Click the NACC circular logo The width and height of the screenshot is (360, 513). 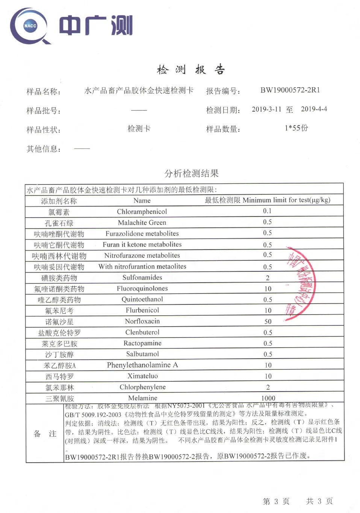click(x=30, y=26)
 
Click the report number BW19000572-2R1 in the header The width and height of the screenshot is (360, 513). click(x=290, y=90)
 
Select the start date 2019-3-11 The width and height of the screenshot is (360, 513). click(x=266, y=109)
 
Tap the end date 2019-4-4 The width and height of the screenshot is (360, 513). click(x=314, y=109)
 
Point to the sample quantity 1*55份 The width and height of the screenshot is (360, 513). click(x=296, y=128)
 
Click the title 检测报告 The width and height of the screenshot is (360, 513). click(x=191, y=70)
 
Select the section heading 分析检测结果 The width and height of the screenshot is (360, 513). click(x=191, y=173)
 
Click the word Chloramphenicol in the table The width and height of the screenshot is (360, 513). click(x=142, y=212)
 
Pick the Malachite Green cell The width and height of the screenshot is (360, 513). click(x=142, y=222)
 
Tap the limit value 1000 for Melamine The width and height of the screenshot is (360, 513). click(x=268, y=398)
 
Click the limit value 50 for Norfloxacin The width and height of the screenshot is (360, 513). click(x=268, y=322)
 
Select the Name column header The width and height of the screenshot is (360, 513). click(x=142, y=201)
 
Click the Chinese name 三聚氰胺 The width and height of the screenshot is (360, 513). click(x=59, y=398)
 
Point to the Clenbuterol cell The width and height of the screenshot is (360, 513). click(x=142, y=332)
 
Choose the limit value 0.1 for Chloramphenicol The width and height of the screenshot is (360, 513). click(x=267, y=211)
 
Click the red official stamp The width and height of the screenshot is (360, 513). click(x=300, y=283)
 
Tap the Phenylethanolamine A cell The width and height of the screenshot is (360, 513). click(x=142, y=365)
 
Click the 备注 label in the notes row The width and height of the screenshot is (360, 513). click(x=45, y=434)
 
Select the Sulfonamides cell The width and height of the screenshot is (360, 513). click(x=142, y=277)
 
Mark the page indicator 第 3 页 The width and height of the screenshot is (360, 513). click(x=276, y=501)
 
